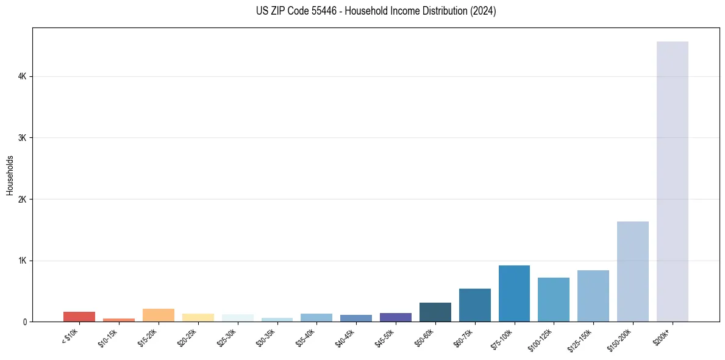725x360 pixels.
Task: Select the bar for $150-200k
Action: click(x=632, y=272)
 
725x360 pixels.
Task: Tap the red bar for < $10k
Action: click(x=79, y=317)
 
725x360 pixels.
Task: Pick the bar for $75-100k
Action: click(x=514, y=293)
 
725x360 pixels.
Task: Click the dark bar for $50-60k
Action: click(x=435, y=312)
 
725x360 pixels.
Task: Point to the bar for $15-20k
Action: click(x=158, y=315)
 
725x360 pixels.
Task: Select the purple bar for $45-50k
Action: click(x=395, y=317)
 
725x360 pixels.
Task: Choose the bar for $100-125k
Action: click(x=554, y=300)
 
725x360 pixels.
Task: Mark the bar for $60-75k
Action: click(x=474, y=305)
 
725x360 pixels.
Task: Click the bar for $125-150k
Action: click(x=593, y=296)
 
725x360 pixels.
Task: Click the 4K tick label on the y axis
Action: click(x=23, y=76)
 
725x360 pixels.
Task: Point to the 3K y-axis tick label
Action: click(x=23, y=138)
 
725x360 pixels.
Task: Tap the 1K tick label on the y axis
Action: click(x=23, y=261)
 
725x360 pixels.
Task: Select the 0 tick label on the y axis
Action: click(x=25, y=322)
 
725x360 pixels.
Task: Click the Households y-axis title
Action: click(x=10, y=175)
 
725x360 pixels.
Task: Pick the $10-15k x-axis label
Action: click(x=107, y=337)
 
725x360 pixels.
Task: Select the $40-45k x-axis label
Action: click(x=345, y=337)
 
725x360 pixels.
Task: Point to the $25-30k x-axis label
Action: click(x=226, y=337)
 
